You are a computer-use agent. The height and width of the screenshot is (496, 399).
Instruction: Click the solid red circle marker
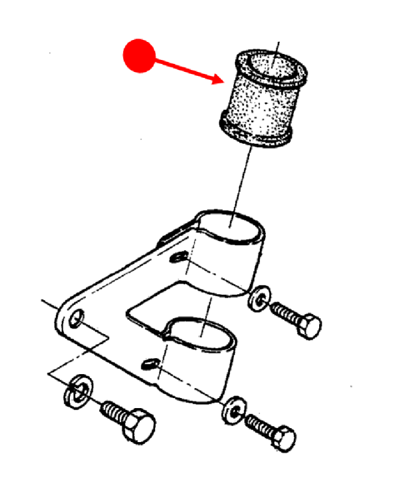139,55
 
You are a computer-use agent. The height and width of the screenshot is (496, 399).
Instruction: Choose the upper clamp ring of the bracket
229,246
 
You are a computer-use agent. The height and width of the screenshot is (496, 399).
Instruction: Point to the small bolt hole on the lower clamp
150,363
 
